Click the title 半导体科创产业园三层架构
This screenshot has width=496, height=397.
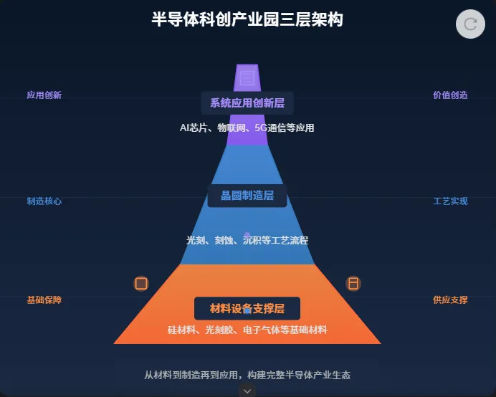(x=247, y=19)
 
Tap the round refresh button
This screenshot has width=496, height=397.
(x=471, y=24)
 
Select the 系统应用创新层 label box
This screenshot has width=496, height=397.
(x=247, y=103)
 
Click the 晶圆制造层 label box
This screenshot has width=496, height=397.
(x=247, y=196)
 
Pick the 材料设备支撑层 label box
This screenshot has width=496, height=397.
(x=247, y=309)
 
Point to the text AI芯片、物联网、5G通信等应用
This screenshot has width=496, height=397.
(x=247, y=128)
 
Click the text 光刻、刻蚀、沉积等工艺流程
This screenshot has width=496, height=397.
(x=247, y=241)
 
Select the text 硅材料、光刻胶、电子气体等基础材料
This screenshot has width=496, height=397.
(x=247, y=330)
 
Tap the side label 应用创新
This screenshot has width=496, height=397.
(x=44, y=95)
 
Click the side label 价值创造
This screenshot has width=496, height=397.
(x=450, y=95)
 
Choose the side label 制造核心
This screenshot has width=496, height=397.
(x=44, y=201)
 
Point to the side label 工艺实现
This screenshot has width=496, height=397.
(x=450, y=201)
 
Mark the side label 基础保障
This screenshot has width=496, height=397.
(x=44, y=300)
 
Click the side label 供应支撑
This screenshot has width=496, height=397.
(x=450, y=300)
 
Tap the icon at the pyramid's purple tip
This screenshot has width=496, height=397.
(x=247, y=77)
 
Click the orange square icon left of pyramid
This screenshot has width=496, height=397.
(x=141, y=284)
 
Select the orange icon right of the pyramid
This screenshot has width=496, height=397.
(x=353, y=284)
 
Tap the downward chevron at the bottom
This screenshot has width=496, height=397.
(x=247, y=391)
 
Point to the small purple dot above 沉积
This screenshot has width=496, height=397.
(x=247, y=234)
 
